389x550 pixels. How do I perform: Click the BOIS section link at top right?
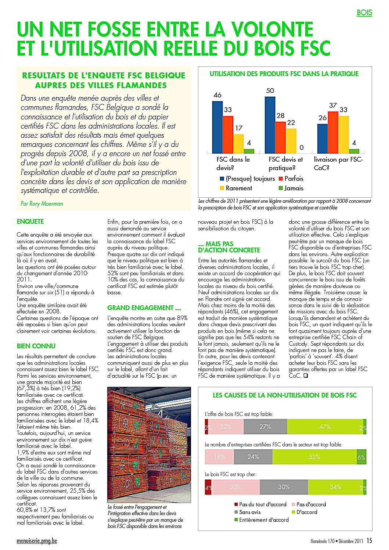point(364,12)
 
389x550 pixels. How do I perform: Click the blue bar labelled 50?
point(270,125)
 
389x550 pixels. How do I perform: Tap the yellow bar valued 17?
point(238,144)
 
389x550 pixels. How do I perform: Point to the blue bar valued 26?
point(323,139)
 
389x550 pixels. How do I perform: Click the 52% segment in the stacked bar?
point(314,457)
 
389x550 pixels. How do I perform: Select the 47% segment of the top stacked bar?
point(325,427)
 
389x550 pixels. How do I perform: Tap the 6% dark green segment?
point(361,457)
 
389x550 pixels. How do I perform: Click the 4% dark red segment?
point(208,487)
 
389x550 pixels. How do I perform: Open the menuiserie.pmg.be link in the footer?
point(37,541)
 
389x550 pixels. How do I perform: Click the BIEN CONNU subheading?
point(36,346)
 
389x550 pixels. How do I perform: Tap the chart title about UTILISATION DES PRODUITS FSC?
point(284,74)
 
